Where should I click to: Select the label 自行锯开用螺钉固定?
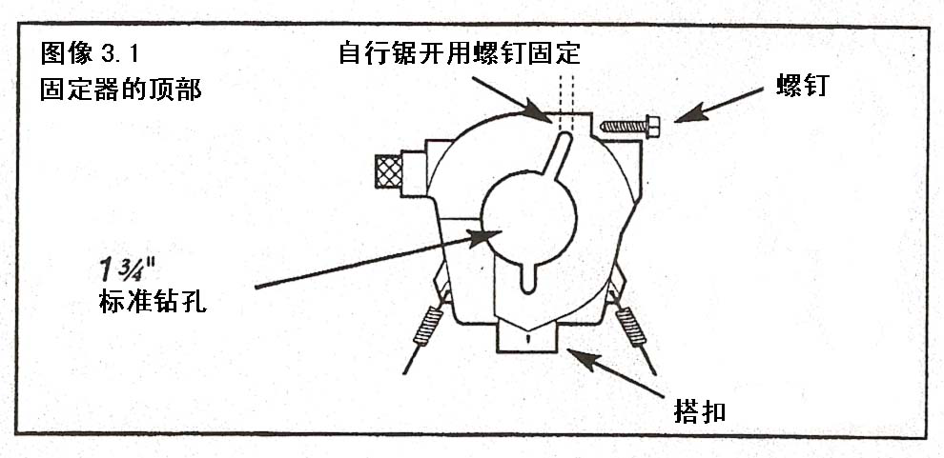pyautogui.click(x=459, y=52)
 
